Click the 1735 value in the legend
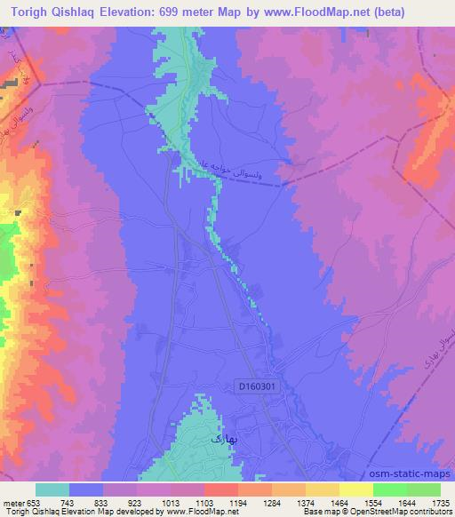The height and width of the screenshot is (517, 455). click(x=440, y=504)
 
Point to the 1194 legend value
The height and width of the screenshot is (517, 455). click(x=237, y=504)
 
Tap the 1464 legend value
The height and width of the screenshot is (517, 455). click(x=339, y=504)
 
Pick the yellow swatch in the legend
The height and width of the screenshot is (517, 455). click(x=355, y=489)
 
